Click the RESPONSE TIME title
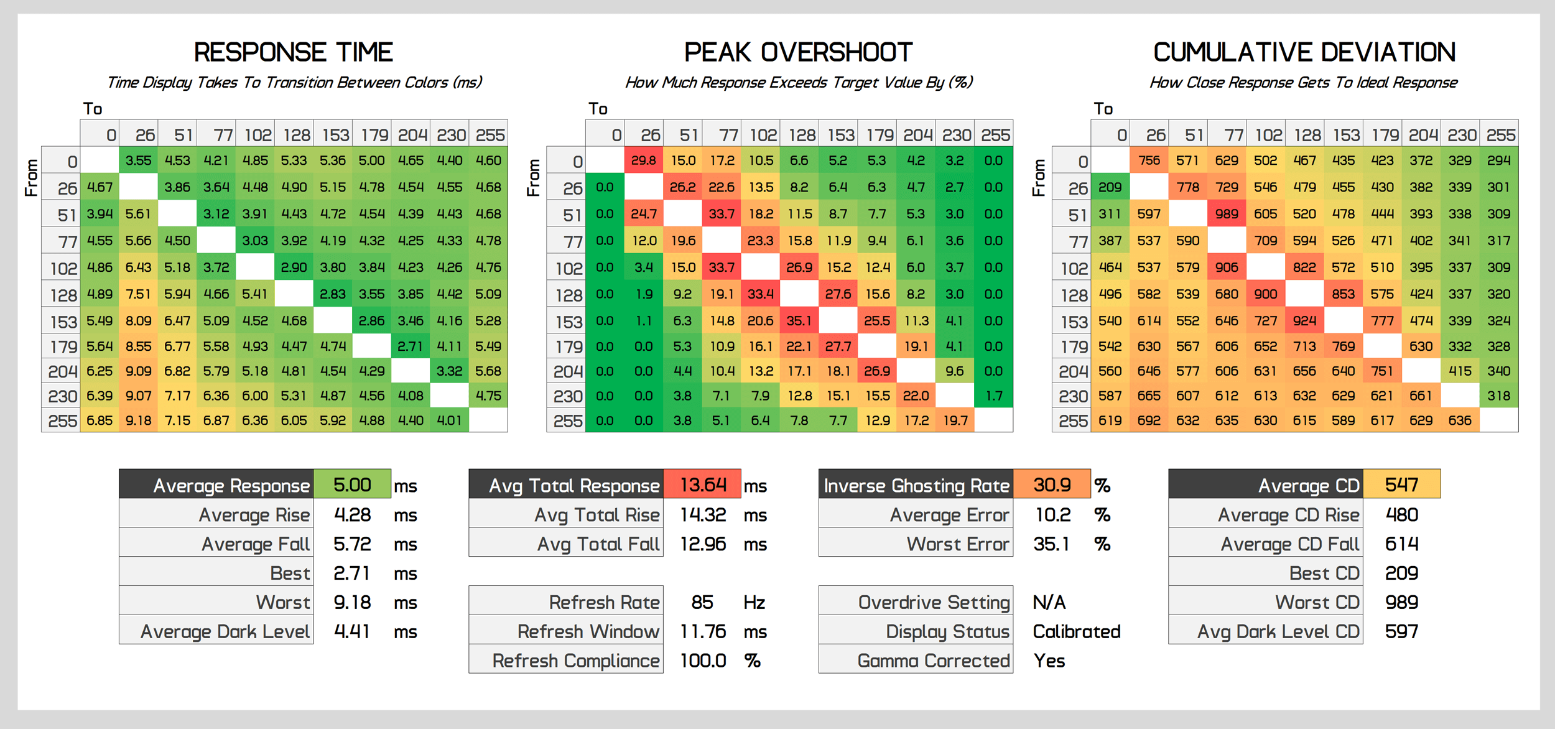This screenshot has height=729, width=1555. [293, 52]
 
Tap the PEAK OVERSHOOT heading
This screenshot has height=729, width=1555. [798, 52]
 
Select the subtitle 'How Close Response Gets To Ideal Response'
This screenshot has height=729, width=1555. [1303, 83]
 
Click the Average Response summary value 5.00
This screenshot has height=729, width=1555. [352, 485]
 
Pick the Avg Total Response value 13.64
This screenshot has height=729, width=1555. [703, 485]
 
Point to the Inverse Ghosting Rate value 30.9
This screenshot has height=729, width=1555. [1052, 485]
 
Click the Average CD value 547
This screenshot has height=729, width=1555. [1401, 485]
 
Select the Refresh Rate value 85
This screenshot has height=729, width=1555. [702, 602]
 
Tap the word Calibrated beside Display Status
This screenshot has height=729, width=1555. [1076, 631]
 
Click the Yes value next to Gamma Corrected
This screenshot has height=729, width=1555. [1049, 661]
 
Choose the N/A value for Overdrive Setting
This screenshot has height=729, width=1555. [1049, 602]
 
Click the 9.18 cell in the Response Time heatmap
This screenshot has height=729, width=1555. [138, 420]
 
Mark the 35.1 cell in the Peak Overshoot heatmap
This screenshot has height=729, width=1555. [799, 321]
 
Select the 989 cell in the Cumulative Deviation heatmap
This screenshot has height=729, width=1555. [1227, 214]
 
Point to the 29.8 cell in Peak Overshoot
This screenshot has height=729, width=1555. [644, 160]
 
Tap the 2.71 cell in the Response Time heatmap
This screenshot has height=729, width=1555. [411, 346]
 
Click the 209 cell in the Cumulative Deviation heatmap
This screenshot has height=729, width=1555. [1110, 187]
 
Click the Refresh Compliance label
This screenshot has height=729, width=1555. [575, 661]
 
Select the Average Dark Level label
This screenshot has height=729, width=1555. [225, 631]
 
